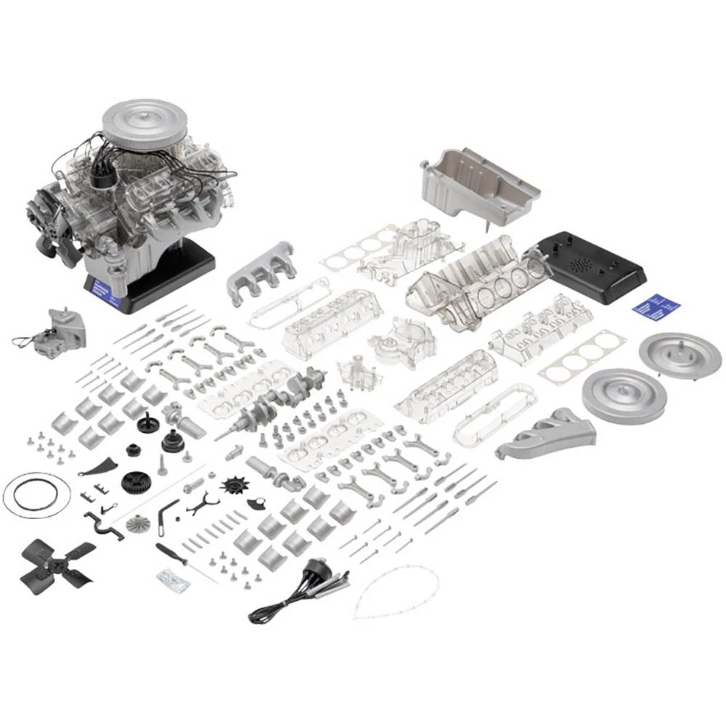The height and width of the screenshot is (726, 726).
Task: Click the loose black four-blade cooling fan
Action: (57, 562)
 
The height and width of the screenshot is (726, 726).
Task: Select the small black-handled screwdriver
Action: (171, 555)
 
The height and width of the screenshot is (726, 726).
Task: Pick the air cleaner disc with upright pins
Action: (679, 353)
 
